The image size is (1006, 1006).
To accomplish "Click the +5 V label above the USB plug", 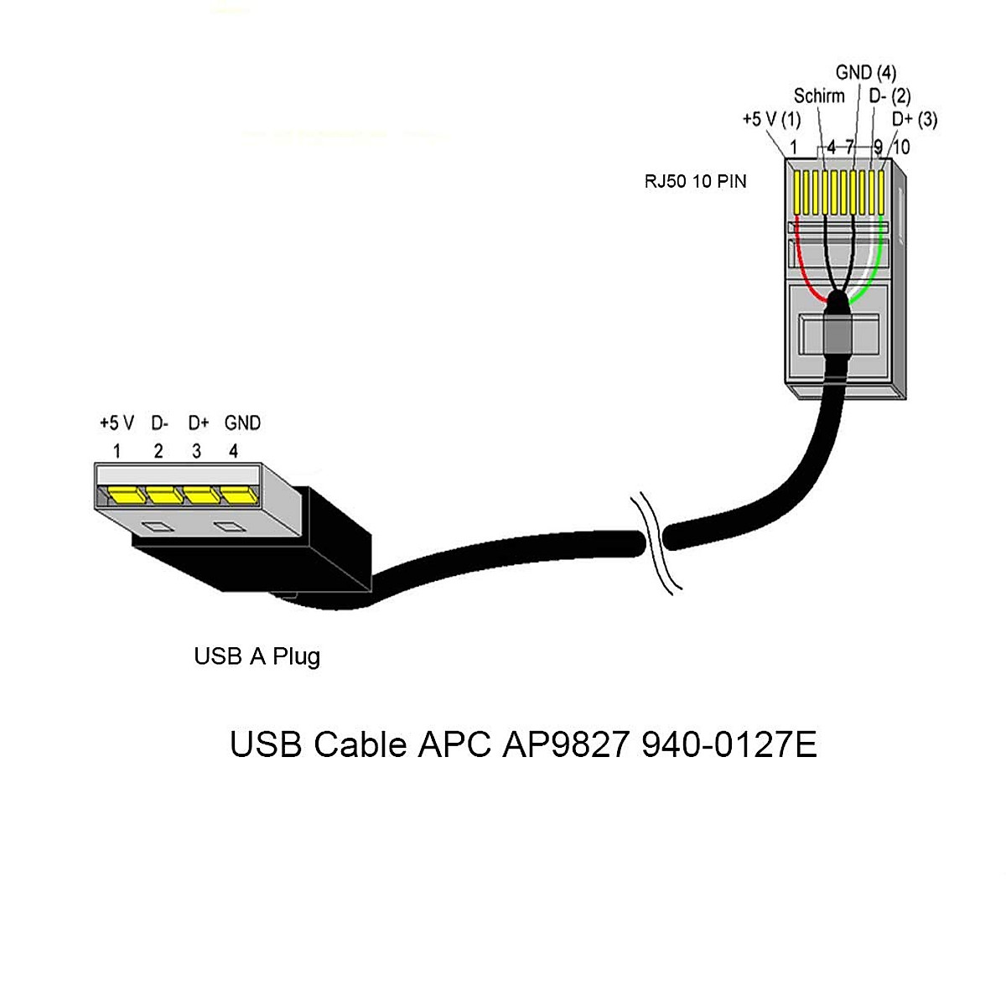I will click(117, 423).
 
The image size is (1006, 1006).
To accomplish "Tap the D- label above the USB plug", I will click(159, 423).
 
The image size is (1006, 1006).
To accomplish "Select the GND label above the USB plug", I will click(242, 423).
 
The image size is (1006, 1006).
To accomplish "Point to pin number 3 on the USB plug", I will click(196, 451).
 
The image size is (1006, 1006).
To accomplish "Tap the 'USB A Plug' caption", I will click(257, 656).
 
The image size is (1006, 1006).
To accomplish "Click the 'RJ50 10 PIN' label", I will click(695, 181).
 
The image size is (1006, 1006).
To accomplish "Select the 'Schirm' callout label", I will click(819, 96).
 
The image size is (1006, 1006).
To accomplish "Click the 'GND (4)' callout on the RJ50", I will click(866, 73).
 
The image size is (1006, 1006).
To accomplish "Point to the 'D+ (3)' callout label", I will click(914, 120).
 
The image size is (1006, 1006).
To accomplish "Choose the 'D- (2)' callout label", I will click(889, 96).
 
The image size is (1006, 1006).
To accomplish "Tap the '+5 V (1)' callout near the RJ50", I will click(771, 120).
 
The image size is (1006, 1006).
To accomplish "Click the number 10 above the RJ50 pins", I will click(900, 148).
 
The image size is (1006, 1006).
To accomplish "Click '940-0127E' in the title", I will click(729, 744).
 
